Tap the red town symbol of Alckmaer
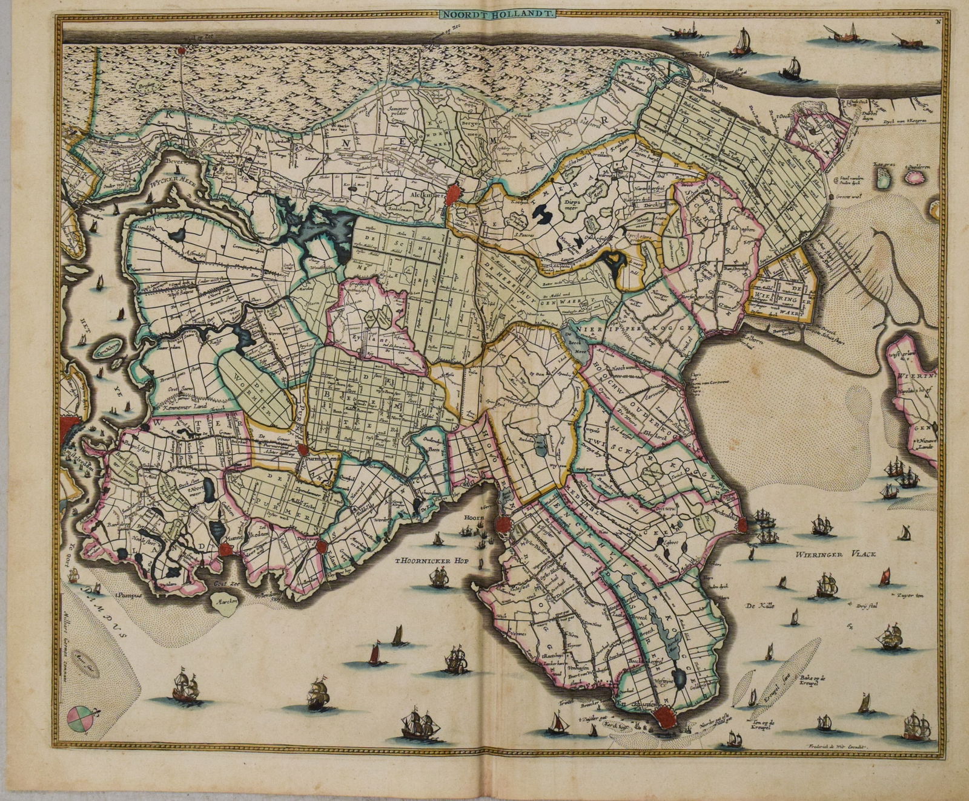pos(455,195)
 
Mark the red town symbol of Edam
pos(322,546)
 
